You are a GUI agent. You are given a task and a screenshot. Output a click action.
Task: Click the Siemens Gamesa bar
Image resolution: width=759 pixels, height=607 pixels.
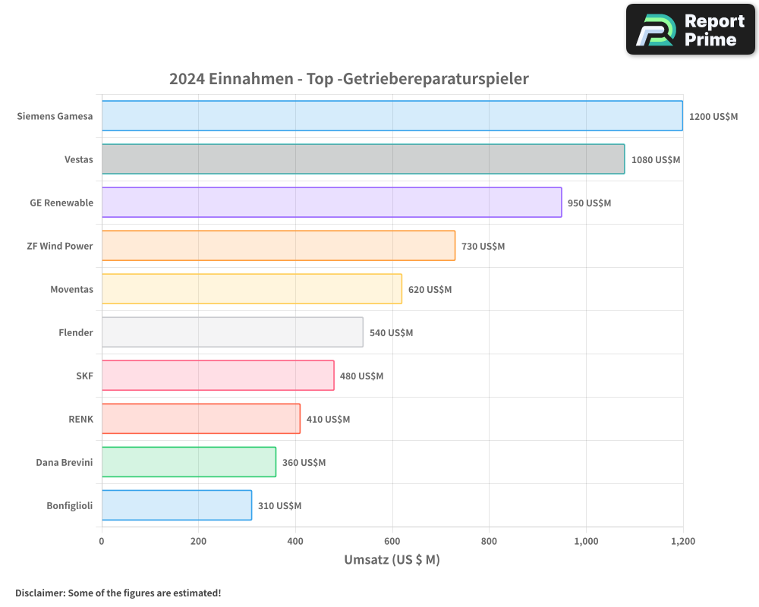coord(392,116)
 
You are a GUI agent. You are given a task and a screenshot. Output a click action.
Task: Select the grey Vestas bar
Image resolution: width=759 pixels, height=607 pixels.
coord(363,159)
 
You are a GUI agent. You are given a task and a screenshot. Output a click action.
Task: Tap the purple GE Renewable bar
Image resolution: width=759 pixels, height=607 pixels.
coord(332,203)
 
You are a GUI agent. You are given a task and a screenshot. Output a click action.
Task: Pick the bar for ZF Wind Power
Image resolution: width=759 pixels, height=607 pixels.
coord(279,246)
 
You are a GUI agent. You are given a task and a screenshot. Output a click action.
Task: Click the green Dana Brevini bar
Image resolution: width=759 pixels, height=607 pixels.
coord(189,462)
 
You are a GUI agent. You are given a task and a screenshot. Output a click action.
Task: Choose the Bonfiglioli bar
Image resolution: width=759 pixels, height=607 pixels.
coord(177,505)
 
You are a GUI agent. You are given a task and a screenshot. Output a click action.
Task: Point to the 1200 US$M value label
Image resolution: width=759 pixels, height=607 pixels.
coord(713,117)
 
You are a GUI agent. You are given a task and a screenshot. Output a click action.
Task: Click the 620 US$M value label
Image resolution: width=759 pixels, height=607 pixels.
coord(430,290)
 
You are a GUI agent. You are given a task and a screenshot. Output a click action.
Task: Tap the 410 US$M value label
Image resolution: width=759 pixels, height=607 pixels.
coord(328,420)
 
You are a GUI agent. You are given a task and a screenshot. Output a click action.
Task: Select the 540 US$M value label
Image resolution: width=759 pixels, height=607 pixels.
coord(391,333)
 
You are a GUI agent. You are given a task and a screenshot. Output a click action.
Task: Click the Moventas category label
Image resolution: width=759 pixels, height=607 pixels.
coord(71,289)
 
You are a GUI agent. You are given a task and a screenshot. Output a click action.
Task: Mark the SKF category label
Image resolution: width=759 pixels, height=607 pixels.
coord(84,376)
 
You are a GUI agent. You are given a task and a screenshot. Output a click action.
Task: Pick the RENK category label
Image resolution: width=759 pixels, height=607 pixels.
coord(80,419)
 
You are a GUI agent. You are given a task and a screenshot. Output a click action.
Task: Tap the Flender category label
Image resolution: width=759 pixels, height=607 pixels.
coord(76,332)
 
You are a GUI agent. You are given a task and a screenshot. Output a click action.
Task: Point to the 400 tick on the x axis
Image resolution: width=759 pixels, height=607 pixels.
coord(295,541)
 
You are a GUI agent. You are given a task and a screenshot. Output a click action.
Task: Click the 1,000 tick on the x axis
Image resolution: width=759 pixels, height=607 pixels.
coord(586,541)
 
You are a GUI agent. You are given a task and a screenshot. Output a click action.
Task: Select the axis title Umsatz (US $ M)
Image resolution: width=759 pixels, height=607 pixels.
coord(392,560)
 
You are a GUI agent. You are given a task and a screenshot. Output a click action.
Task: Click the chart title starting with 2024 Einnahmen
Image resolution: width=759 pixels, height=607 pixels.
coord(348,79)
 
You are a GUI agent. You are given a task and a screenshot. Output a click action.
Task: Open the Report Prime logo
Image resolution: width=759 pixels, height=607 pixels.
coord(690,30)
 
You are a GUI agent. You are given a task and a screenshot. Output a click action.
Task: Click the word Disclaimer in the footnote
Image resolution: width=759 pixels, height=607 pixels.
coord(39,593)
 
